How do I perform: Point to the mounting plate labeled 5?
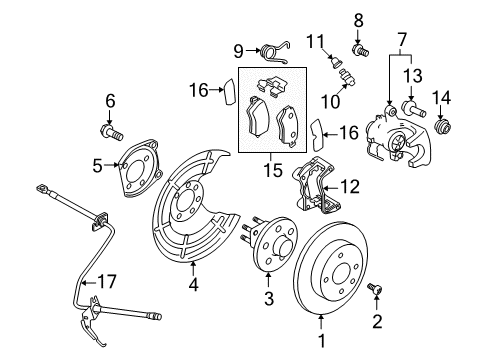point(136,166)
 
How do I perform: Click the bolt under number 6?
point(112,129)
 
